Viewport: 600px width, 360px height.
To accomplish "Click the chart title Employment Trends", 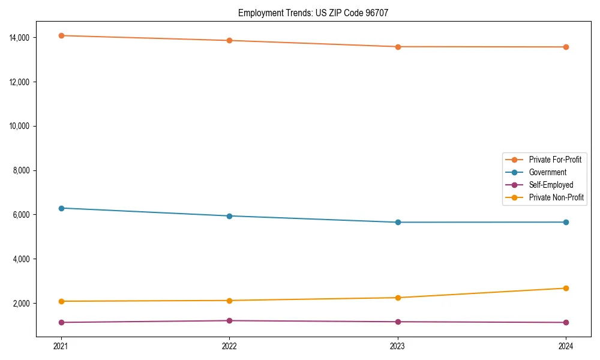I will (313, 13).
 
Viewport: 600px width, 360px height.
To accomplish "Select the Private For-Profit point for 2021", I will (61, 35).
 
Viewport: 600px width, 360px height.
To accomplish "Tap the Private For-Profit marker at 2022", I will (229, 40).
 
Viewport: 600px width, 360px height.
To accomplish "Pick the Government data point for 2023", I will (398, 222).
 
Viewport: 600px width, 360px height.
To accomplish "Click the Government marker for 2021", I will (61, 208).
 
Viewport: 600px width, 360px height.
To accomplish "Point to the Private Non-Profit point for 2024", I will (566, 288).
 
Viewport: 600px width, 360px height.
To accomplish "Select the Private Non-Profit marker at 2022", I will (229, 301).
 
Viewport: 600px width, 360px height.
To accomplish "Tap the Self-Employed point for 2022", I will (229, 320).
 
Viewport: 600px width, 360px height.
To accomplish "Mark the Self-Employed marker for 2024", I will (566, 322).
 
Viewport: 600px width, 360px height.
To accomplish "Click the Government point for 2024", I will (566, 222).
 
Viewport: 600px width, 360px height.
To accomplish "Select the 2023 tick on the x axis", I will (398, 346).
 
